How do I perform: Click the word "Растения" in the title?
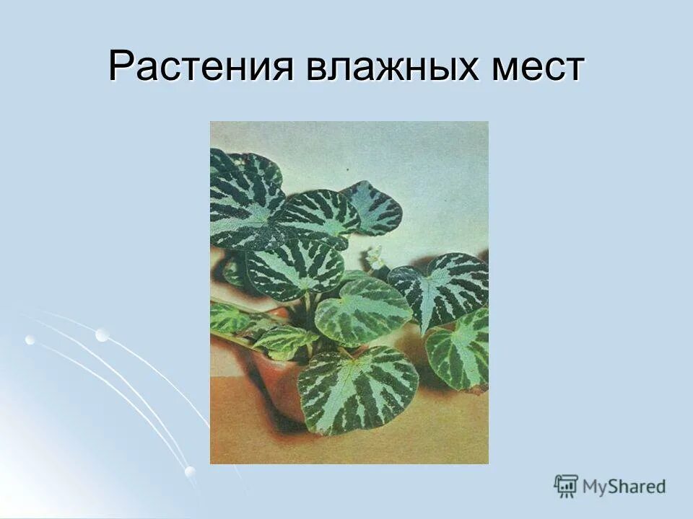pyautogui.click(x=201, y=67)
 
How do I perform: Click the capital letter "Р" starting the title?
pyautogui.click(x=120, y=67)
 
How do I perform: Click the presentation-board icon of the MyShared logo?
pyautogui.click(x=566, y=486)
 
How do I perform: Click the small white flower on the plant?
pyautogui.click(x=375, y=256)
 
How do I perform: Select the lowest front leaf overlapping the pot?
pyautogui.click(x=358, y=389)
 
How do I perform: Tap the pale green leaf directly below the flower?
pyautogui.click(x=363, y=310)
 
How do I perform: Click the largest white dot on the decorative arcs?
pyautogui.click(x=102, y=334)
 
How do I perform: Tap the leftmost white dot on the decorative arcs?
pyautogui.click(x=30, y=340)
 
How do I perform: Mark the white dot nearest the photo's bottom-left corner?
pyautogui.click(x=190, y=471)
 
